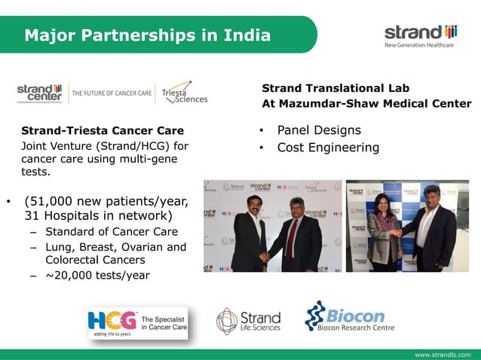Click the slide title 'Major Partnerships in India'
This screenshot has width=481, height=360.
coord(147,35)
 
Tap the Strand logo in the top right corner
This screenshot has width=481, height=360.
coord(421,35)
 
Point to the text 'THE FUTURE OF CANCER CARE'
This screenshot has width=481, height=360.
coord(112,93)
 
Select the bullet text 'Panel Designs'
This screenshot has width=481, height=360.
coord(319,130)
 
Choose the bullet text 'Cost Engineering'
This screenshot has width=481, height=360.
coord(328,148)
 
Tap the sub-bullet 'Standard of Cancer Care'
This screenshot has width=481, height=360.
coord(112,231)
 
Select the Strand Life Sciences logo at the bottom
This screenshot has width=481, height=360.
coord(248,321)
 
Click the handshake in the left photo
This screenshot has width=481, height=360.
coord(265,256)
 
